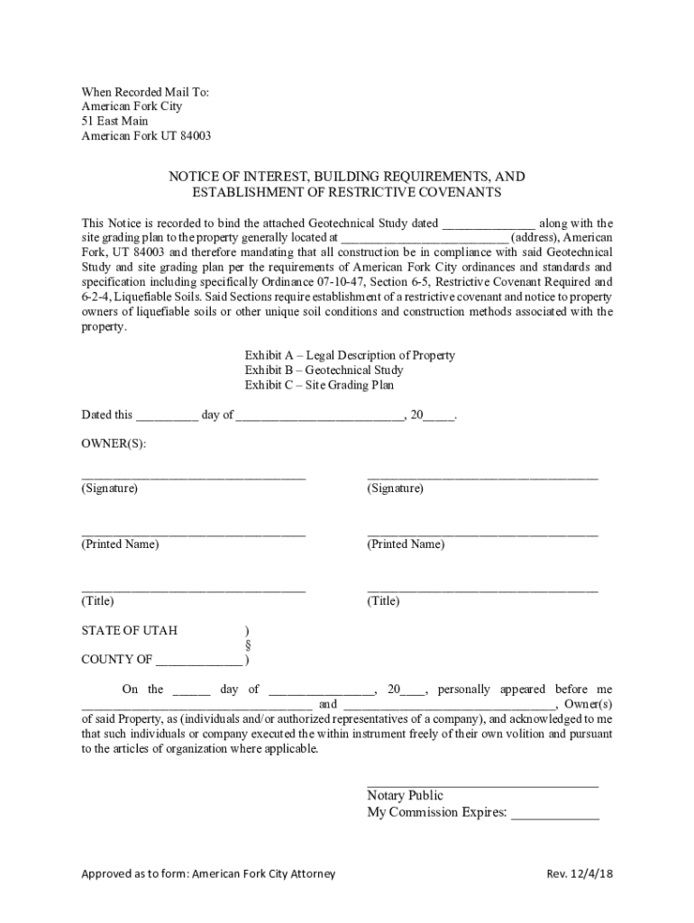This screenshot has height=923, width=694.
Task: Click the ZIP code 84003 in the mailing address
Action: [x=194, y=136]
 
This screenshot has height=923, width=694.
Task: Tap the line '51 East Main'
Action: [x=115, y=121]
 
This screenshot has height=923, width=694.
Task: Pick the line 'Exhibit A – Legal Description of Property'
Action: [x=350, y=355]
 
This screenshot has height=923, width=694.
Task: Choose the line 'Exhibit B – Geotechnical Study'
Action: [x=324, y=370]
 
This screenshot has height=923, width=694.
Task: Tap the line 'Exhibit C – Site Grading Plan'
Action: [x=319, y=385]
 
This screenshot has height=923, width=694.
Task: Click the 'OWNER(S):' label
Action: [x=114, y=444]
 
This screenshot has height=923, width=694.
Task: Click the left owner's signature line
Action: [x=194, y=475]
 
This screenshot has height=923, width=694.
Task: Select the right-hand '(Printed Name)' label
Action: [x=406, y=544]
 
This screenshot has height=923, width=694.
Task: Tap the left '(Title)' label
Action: [x=98, y=601]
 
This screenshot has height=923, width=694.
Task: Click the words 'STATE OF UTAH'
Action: [x=130, y=629]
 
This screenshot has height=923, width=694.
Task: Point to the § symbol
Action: [x=247, y=644]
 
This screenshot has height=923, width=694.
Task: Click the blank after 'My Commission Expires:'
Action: [x=555, y=814]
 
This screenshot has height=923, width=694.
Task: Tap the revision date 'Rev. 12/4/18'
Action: [x=580, y=873]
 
